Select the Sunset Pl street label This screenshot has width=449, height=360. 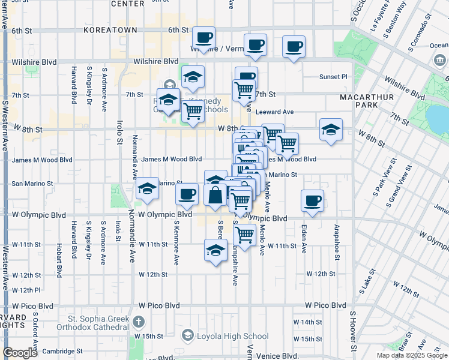pos(336,77)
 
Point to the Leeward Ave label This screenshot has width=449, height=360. pos(274,112)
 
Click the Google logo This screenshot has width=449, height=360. pos(20,353)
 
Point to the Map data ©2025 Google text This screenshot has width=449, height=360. pos(412,355)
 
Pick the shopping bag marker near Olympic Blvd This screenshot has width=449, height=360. pos(215,195)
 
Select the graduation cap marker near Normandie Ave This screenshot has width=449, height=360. pos(147,188)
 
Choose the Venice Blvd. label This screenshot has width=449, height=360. pos(277,356)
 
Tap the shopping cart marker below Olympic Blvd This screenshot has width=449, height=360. pos(244,235)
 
